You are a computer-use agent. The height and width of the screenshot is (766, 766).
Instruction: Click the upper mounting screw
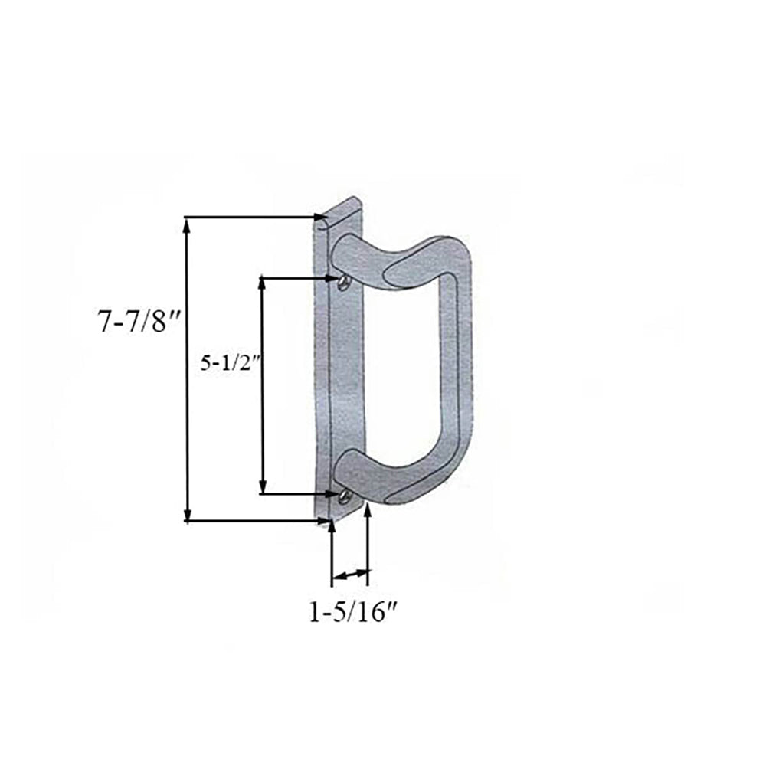[x=342, y=283]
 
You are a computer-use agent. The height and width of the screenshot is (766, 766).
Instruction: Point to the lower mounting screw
[x=344, y=498]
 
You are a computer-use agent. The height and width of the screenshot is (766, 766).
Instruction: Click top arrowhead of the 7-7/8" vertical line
[x=187, y=224]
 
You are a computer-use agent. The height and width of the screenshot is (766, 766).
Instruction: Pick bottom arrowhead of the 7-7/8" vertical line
[x=187, y=515]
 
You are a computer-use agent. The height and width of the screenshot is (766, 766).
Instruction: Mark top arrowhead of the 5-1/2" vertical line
[x=263, y=283]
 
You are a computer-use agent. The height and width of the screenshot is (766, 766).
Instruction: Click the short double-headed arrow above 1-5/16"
[x=350, y=574]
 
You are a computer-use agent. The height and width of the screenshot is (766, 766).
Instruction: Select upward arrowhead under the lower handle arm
[x=368, y=511]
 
